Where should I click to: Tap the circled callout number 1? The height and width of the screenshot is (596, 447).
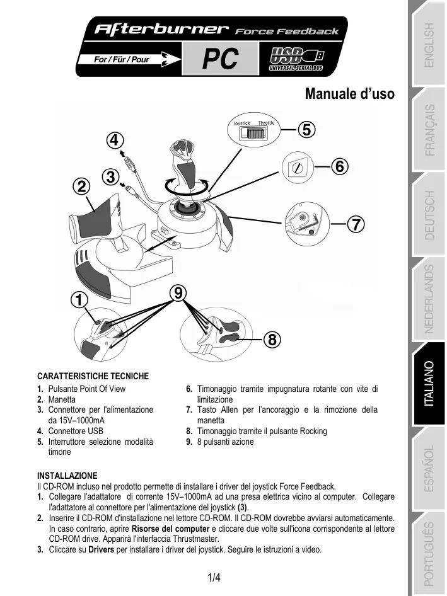[x=79, y=300]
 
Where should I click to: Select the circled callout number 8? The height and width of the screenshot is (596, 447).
[x=272, y=340]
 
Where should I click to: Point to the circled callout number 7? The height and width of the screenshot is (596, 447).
[x=356, y=224]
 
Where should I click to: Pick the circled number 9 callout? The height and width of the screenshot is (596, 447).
[x=179, y=292]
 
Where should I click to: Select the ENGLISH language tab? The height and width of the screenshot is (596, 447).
[x=428, y=45]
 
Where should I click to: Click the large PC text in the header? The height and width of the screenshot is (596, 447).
[x=220, y=60]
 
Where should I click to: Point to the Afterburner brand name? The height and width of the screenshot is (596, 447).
[x=160, y=29]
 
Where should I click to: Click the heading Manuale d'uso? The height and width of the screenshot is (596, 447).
[x=349, y=95]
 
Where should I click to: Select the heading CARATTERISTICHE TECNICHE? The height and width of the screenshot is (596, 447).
[x=93, y=377]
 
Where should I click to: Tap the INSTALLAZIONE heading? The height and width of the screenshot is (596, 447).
[x=67, y=475]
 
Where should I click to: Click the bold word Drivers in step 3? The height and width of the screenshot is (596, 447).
[x=101, y=549]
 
